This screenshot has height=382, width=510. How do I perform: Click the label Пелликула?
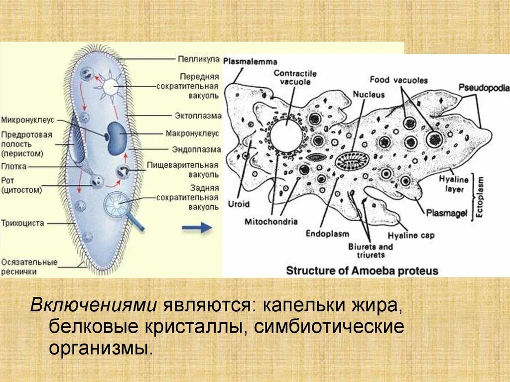(x=199, y=59)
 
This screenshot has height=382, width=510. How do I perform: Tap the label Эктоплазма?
(x=198, y=116)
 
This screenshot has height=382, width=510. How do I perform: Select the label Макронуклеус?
(x=196, y=133)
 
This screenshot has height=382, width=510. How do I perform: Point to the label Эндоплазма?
(x=196, y=149)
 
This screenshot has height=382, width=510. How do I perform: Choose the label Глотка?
(x=13, y=167)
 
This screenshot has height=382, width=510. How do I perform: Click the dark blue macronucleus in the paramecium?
(x=117, y=137)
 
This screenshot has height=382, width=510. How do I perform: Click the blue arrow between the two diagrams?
(x=197, y=228)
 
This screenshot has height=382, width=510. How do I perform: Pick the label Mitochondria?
(x=271, y=221)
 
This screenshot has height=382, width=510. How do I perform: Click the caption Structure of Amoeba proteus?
(x=362, y=271)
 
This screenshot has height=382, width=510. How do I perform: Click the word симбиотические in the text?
(x=329, y=327)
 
